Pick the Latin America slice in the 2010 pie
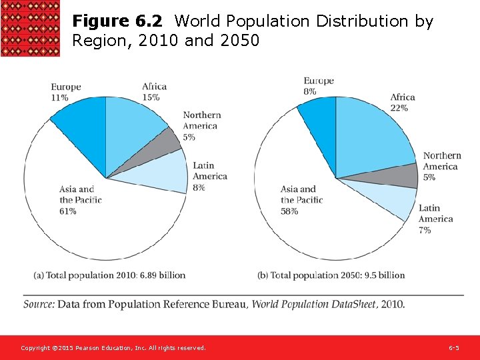[x=167, y=172]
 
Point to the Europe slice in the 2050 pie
[x=319, y=123]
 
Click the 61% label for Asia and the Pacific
[x=68, y=211]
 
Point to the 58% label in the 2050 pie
[x=289, y=211]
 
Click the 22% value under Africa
[x=399, y=108]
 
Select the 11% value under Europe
[x=60, y=97]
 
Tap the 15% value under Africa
[x=151, y=97]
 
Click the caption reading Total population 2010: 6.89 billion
[x=109, y=275]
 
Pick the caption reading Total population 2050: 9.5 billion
[x=331, y=275]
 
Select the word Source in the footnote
[x=39, y=304]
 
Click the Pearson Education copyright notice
[x=113, y=348]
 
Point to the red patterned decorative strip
[x=30, y=29]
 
